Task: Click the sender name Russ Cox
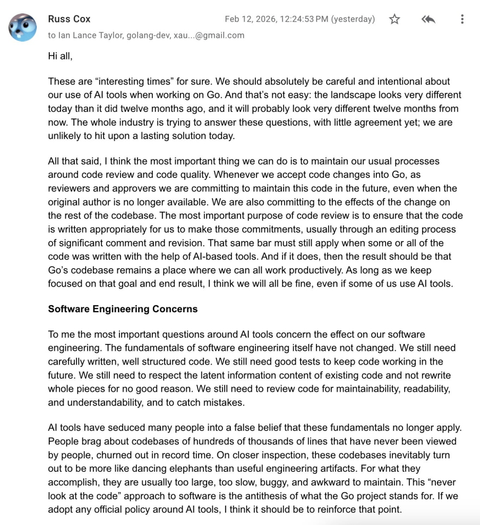(x=69, y=19)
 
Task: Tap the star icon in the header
(x=394, y=19)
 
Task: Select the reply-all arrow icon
(x=428, y=19)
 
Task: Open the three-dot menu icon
(x=462, y=19)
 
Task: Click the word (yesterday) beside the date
(x=353, y=19)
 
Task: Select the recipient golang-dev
(x=143, y=35)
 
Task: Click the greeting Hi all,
(x=61, y=56)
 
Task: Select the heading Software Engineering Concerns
(x=123, y=309)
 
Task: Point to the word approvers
(x=132, y=188)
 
